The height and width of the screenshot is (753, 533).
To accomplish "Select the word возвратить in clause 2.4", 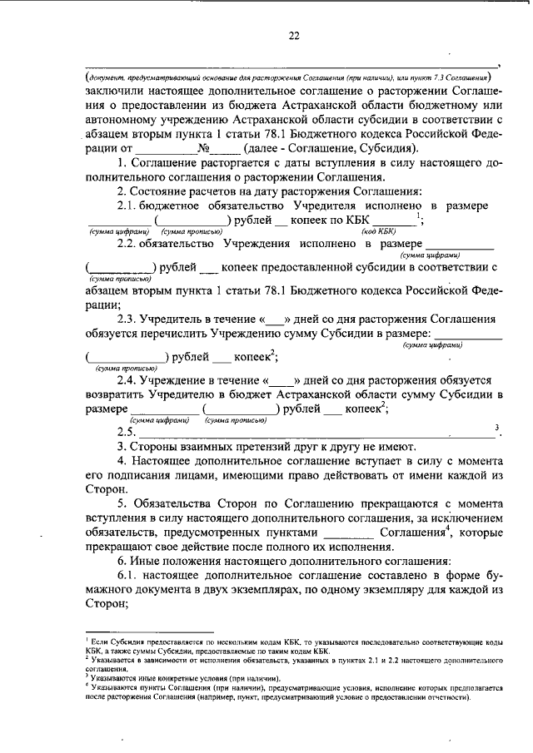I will (x=117, y=394).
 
